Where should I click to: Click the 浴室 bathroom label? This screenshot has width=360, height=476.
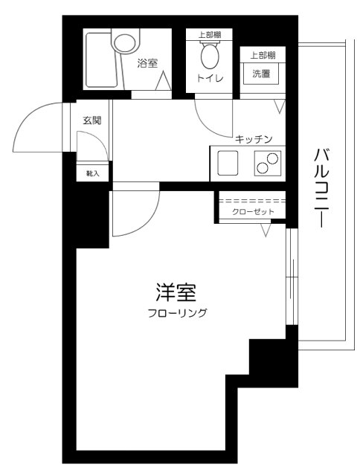[x=147, y=64]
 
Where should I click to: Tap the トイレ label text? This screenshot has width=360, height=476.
[x=210, y=77]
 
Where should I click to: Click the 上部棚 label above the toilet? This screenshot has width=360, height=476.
[x=209, y=35]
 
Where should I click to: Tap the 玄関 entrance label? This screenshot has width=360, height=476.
[x=92, y=120]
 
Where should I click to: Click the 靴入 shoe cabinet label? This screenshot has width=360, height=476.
[x=93, y=173]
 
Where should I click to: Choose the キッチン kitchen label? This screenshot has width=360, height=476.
[x=254, y=139]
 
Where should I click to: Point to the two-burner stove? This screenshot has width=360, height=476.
[x=268, y=162]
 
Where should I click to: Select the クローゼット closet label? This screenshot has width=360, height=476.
[x=253, y=213]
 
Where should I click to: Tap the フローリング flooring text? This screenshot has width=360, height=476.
[x=177, y=312]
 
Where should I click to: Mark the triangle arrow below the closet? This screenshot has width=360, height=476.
[x=266, y=230]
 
